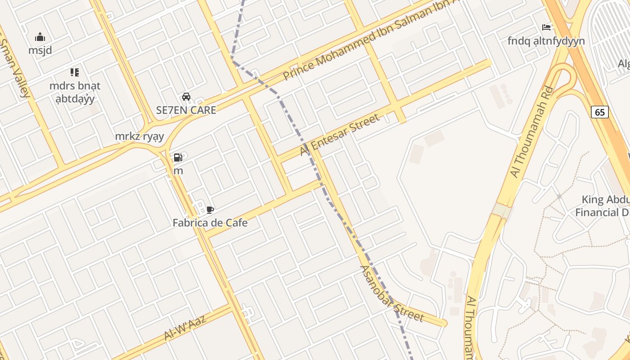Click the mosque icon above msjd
tap(40, 37)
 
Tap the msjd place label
tap(40, 50)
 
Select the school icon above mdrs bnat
tap(75, 72)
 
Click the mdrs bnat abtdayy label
tap(75, 92)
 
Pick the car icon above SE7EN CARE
tap(186, 96)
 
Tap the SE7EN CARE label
tap(186, 110)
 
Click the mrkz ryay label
tap(139, 136)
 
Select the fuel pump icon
tap(178, 157)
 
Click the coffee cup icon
tap(210, 209)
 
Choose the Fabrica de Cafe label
tap(210, 222)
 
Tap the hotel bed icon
tap(546, 27)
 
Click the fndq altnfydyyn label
tap(546, 41)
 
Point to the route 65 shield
tap(600, 112)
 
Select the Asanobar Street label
tap(391, 294)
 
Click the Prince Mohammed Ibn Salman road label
tap(369, 40)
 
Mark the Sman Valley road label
tap(16, 67)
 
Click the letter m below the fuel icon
tap(178, 171)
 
